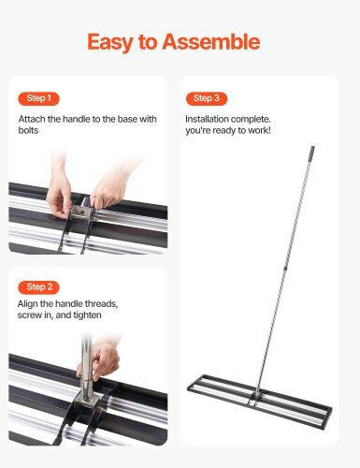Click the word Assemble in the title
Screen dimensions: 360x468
[211, 41]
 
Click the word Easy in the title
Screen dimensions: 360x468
[110, 43]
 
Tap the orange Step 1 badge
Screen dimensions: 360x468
[38, 98]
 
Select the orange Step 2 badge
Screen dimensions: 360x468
[38, 287]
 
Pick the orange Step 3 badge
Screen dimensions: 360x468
[207, 98]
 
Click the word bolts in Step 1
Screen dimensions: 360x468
[28, 130]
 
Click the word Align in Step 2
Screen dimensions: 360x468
[28, 303]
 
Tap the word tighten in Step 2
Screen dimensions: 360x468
[87, 315]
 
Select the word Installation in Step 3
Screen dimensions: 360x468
[207, 119]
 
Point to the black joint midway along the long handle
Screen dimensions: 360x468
[285, 268]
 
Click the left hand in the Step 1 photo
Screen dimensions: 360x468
[60, 190]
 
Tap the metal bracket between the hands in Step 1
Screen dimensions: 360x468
[81, 212]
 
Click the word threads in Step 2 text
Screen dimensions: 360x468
[101, 303]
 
